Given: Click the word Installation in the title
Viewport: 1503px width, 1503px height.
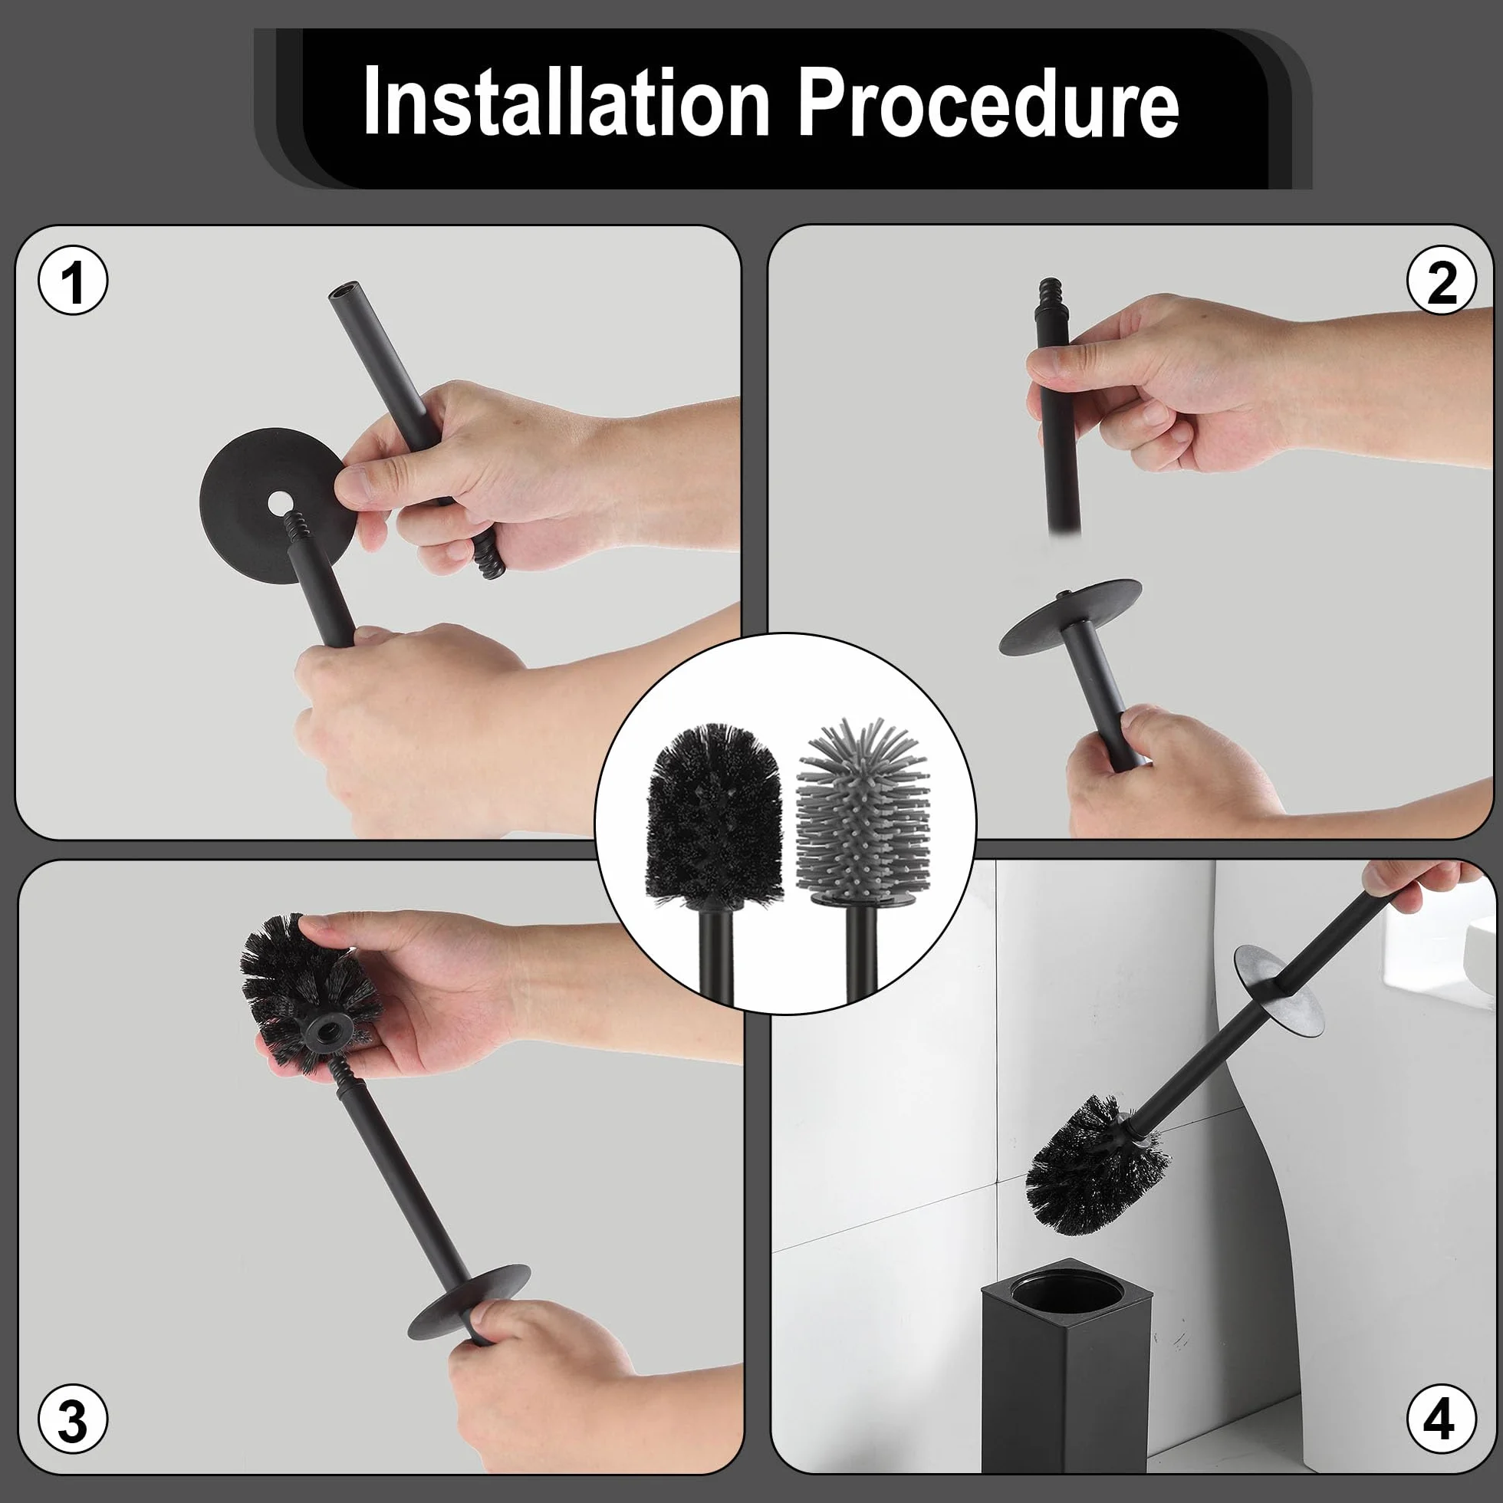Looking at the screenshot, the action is pos(567,102).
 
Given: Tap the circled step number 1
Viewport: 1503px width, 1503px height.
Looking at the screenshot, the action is pos(73,281).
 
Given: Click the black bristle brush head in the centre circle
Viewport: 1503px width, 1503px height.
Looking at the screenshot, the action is pos(716,816).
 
